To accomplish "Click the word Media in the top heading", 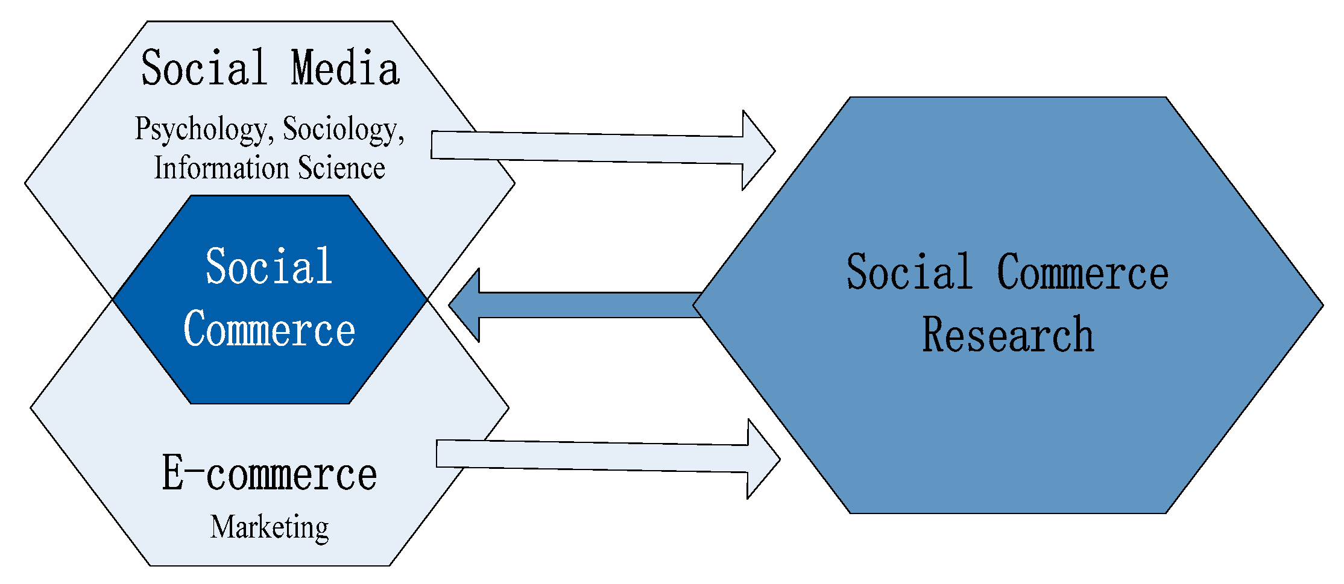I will click(345, 68).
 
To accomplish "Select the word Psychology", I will click(200, 129).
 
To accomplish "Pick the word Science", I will click(342, 168).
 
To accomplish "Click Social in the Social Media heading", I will click(204, 68).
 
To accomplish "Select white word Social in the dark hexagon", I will click(269, 266).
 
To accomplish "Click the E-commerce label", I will click(270, 474).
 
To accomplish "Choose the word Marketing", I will click(270, 527).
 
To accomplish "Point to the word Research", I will click(1008, 334).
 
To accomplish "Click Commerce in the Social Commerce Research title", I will click(1082, 272).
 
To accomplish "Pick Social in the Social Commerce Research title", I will click(909, 272).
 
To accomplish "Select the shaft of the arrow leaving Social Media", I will click(585, 147).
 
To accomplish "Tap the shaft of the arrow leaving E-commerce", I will click(591, 456).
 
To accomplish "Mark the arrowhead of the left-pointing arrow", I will click(467, 305).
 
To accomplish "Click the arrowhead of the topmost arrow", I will click(757, 150).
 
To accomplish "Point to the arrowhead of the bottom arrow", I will click(762, 459).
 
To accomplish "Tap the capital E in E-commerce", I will click(173, 473).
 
